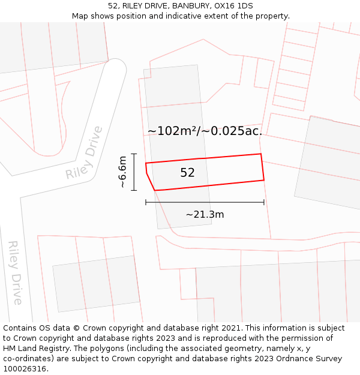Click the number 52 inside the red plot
click(187, 173)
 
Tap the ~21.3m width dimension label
click(205, 214)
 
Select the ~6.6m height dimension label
click(122, 172)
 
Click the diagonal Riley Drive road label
click(85, 153)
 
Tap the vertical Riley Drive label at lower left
click(15, 273)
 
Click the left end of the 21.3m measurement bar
click(146, 202)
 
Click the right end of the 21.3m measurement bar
click(264, 202)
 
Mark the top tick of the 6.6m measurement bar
click(134, 154)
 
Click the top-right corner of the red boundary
click(261, 154)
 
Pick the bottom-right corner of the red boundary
click(264, 179)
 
